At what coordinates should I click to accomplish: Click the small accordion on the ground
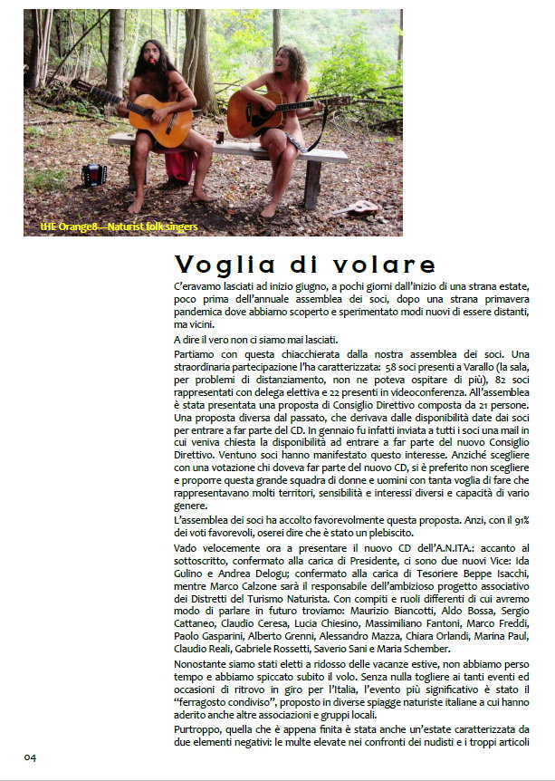(x=93, y=174)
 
